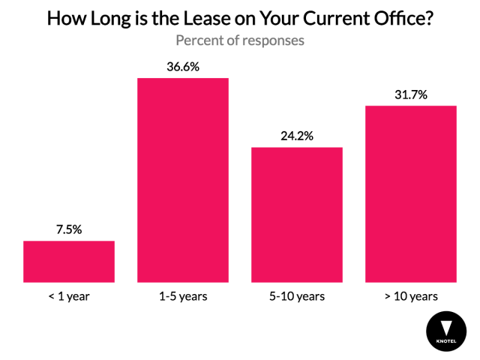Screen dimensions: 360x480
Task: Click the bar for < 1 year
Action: [x=69, y=261]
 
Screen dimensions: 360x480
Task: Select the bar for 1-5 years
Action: [x=182, y=180]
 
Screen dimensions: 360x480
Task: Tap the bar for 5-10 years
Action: [x=296, y=214]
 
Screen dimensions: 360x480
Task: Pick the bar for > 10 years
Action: [x=410, y=193]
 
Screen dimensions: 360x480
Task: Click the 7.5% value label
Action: [x=69, y=229]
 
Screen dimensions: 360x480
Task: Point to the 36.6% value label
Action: [x=182, y=67]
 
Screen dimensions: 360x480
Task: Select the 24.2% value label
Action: [x=296, y=136]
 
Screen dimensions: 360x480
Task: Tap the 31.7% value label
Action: [x=410, y=94]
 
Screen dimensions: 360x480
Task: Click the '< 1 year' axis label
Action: [x=69, y=296]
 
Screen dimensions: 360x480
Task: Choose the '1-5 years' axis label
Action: [x=182, y=296]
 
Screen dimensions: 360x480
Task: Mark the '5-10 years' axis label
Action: [x=296, y=296]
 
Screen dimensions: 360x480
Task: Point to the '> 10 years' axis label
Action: [x=410, y=296]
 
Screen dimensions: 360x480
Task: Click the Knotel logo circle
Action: [x=445, y=331]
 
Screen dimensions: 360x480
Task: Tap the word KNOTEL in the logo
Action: [x=445, y=342]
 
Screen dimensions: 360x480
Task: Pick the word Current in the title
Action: [x=327, y=18]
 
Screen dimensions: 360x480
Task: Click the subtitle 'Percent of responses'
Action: [x=240, y=40]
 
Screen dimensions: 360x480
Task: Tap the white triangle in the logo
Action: [x=445, y=328]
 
